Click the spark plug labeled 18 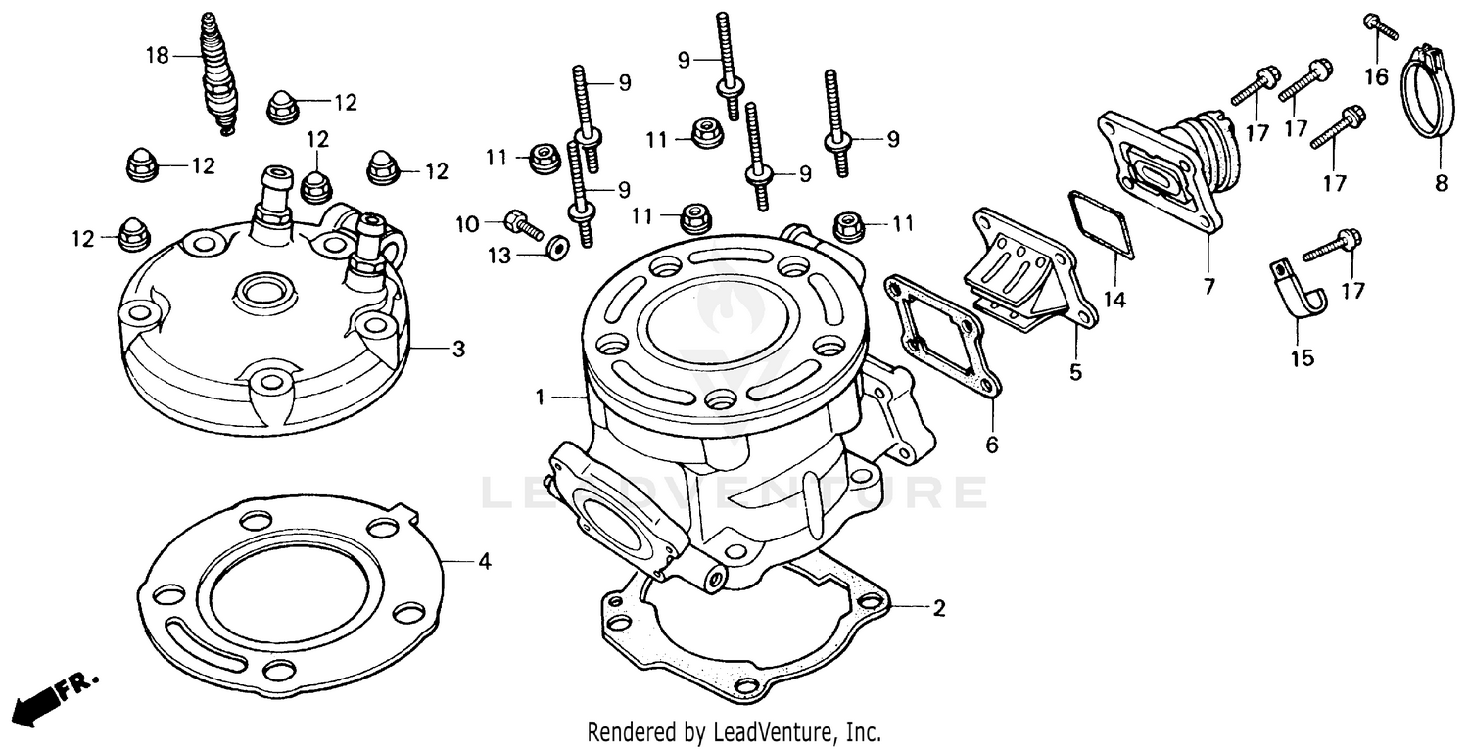pos(216,73)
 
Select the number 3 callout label pos(457,350)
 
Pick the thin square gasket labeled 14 pos(1101,226)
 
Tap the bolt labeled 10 pos(525,224)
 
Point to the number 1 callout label pos(539,398)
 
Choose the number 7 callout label pos(1208,287)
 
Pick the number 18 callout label pos(158,56)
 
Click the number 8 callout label pos(1441,182)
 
